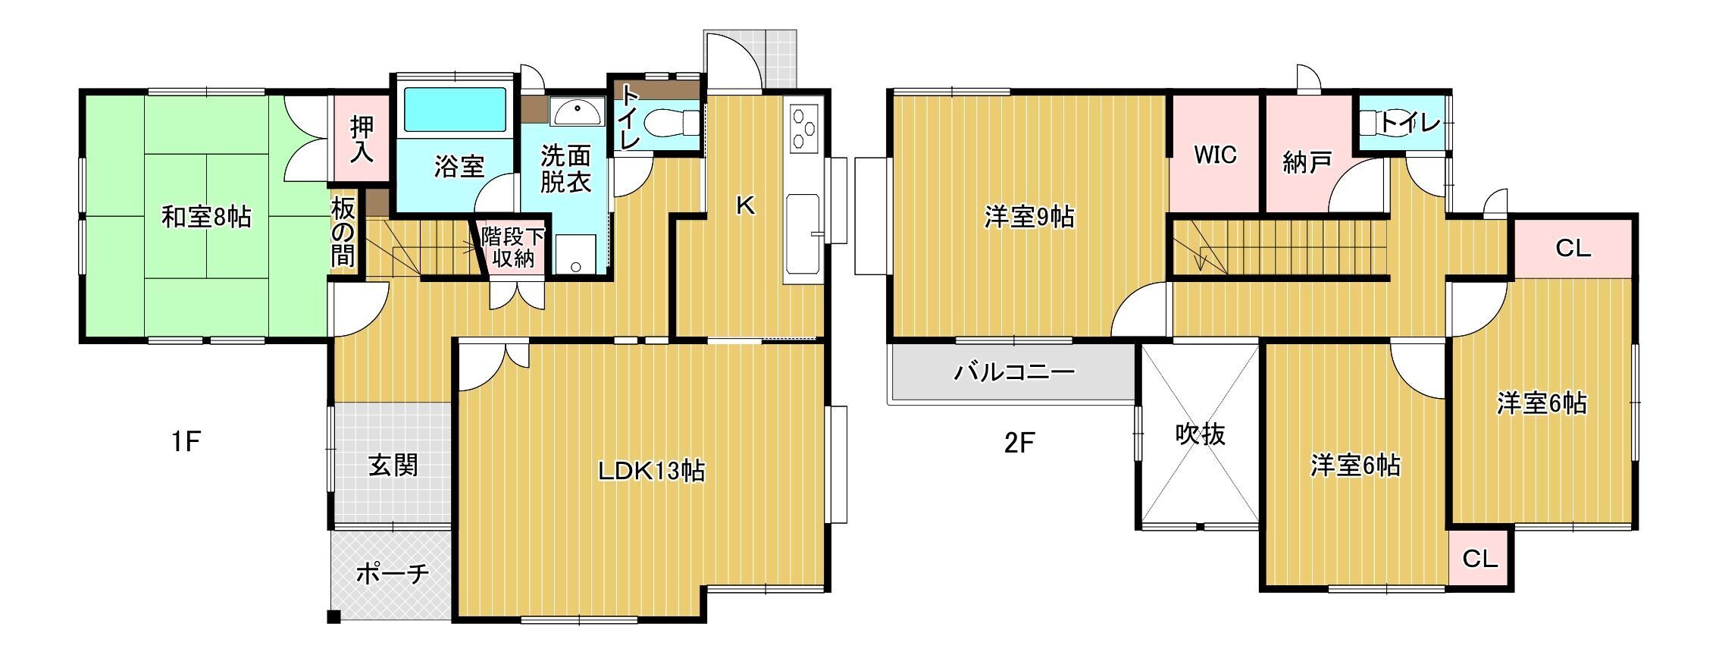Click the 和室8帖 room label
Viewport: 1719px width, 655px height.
pyautogui.click(x=206, y=218)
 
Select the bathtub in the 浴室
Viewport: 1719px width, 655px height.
pyautogui.click(x=455, y=111)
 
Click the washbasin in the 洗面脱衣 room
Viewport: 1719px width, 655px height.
pyautogui.click(x=577, y=111)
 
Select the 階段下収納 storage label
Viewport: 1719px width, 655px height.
pyautogui.click(x=513, y=246)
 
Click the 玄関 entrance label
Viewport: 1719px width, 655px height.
pyautogui.click(x=393, y=465)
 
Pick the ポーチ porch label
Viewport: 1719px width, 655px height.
pyautogui.click(x=393, y=574)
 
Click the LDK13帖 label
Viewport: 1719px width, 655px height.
pyautogui.click(x=651, y=471)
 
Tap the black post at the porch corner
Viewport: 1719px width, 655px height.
pyautogui.click(x=333, y=617)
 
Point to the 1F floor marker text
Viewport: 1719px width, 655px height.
pyautogui.click(x=185, y=441)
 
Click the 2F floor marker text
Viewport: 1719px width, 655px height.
pyautogui.click(x=1019, y=443)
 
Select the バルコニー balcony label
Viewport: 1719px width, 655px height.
pyautogui.click(x=1013, y=372)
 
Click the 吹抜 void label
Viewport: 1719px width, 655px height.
pyautogui.click(x=1200, y=434)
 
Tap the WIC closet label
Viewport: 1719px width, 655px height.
pyautogui.click(x=1215, y=155)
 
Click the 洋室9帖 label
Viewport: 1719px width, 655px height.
pyautogui.click(x=1029, y=218)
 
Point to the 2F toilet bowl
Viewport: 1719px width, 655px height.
pyautogui.click(x=1372, y=122)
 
